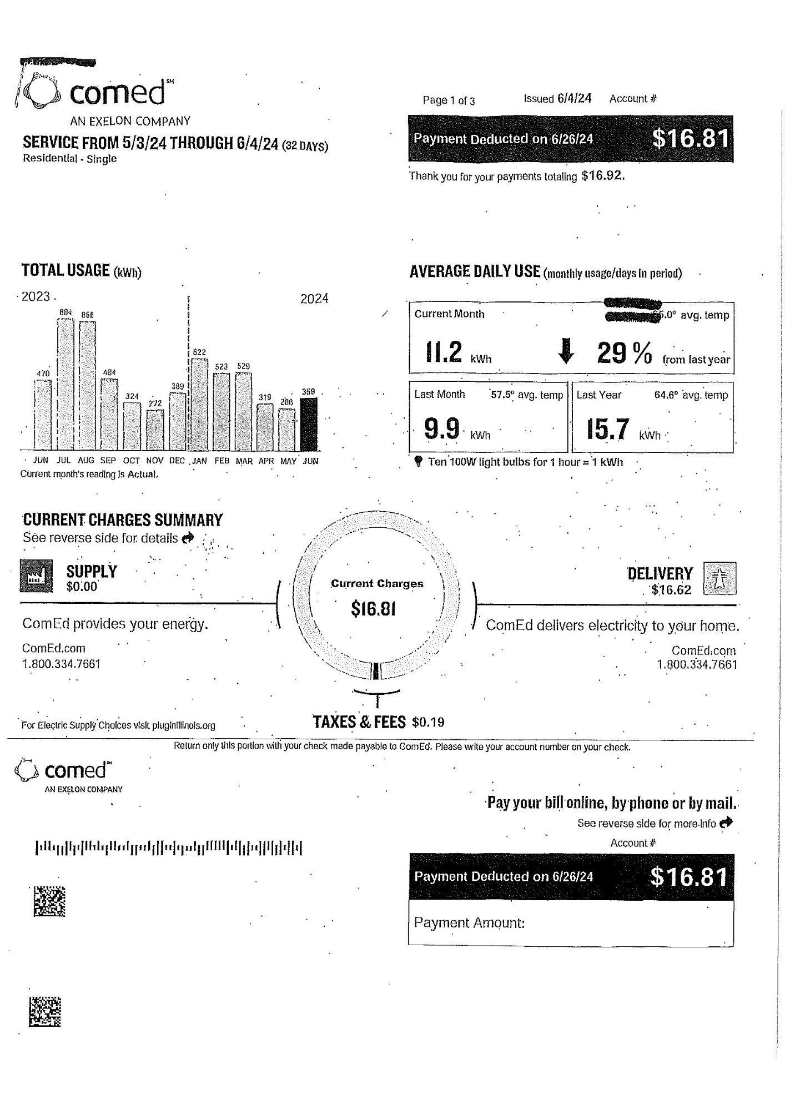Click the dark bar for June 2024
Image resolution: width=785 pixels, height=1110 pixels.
pyautogui.click(x=309, y=424)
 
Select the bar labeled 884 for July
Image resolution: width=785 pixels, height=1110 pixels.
pyautogui.click(x=66, y=383)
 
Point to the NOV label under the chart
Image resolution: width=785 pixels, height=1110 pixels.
pyautogui.click(x=155, y=461)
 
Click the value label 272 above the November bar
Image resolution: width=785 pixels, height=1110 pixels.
pyautogui.click(x=155, y=403)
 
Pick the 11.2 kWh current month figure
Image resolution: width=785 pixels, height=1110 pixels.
pyautogui.click(x=444, y=352)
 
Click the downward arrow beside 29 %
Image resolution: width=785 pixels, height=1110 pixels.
pyautogui.click(x=566, y=351)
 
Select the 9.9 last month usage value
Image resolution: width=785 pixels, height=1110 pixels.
pyautogui.click(x=442, y=428)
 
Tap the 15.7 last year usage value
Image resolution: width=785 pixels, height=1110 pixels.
pyautogui.click(x=608, y=429)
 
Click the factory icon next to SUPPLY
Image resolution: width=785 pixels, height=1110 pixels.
pyautogui.click(x=37, y=576)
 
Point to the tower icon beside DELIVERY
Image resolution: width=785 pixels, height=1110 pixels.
pyautogui.click(x=720, y=578)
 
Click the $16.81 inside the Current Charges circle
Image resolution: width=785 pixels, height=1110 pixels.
pyautogui.click(x=374, y=609)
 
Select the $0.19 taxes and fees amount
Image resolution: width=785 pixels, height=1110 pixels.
pyautogui.click(x=428, y=722)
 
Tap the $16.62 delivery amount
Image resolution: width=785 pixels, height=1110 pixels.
pyautogui.click(x=671, y=590)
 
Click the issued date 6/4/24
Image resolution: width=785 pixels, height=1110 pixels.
pyautogui.click(x=574, y=99)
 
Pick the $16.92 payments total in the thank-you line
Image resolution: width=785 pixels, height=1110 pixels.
pyautogui.click(x=602, y=176)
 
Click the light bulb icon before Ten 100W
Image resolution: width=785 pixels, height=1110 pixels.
pyautogui.click(x=419, y=461)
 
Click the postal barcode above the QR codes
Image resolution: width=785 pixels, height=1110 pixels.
pyautogui.click(x=169, y=848)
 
